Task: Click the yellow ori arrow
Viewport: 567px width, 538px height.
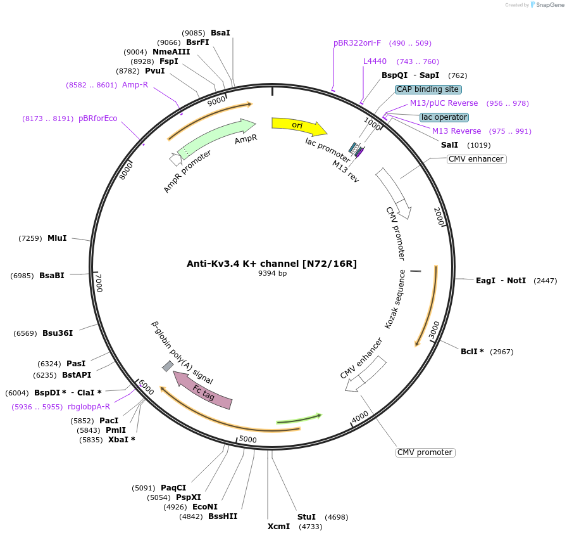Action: (x=298, y=126)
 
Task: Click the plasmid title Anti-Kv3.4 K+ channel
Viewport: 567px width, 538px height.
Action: (x=271, y=264)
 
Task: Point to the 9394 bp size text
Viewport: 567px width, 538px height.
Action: (x=272, y=274)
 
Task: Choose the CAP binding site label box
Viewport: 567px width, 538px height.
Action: (x=428, y=89)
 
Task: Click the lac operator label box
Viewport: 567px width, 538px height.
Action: (x=444, y=117)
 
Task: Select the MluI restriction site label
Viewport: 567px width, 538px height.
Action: (x=57, y=238)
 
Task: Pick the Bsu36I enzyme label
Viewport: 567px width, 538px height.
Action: (x=58, y=333)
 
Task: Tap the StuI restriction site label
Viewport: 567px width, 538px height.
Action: (x=306, y=516)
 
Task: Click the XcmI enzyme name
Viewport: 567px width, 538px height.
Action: (x=278, y=526)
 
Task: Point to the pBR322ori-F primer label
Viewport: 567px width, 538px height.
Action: (x=357, y=43)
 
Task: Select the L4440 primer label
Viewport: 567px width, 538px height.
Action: (x=375, y=61)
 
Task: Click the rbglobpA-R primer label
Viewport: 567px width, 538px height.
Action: (x=89, y=407)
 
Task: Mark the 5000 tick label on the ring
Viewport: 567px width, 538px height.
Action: (x=247, y=439)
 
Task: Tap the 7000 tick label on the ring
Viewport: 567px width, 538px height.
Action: (x=98, y=282)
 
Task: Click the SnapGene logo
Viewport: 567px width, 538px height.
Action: (x=546, y=5)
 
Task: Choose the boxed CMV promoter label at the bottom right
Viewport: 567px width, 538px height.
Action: (x=425, y=452)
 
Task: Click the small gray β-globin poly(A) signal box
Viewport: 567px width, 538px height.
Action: (x=168, y=366)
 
